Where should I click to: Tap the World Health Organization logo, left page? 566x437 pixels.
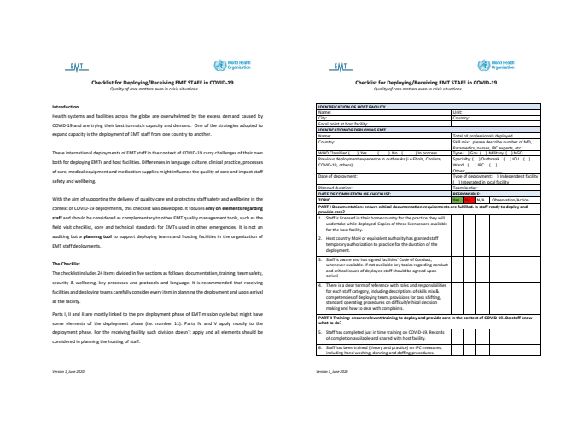pos(235,65)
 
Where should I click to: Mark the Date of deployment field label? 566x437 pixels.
pos(336,175)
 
